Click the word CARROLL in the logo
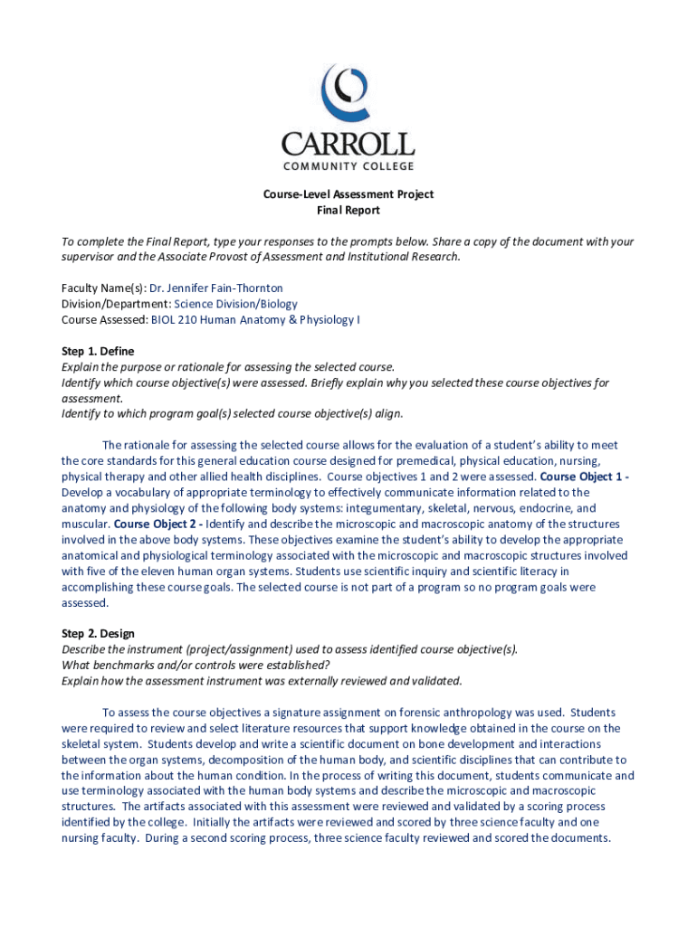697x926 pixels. pos(348,144)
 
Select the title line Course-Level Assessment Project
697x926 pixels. pos(348,194)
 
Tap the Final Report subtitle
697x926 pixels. pos(348,211)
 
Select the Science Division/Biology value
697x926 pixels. pos(235,304)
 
